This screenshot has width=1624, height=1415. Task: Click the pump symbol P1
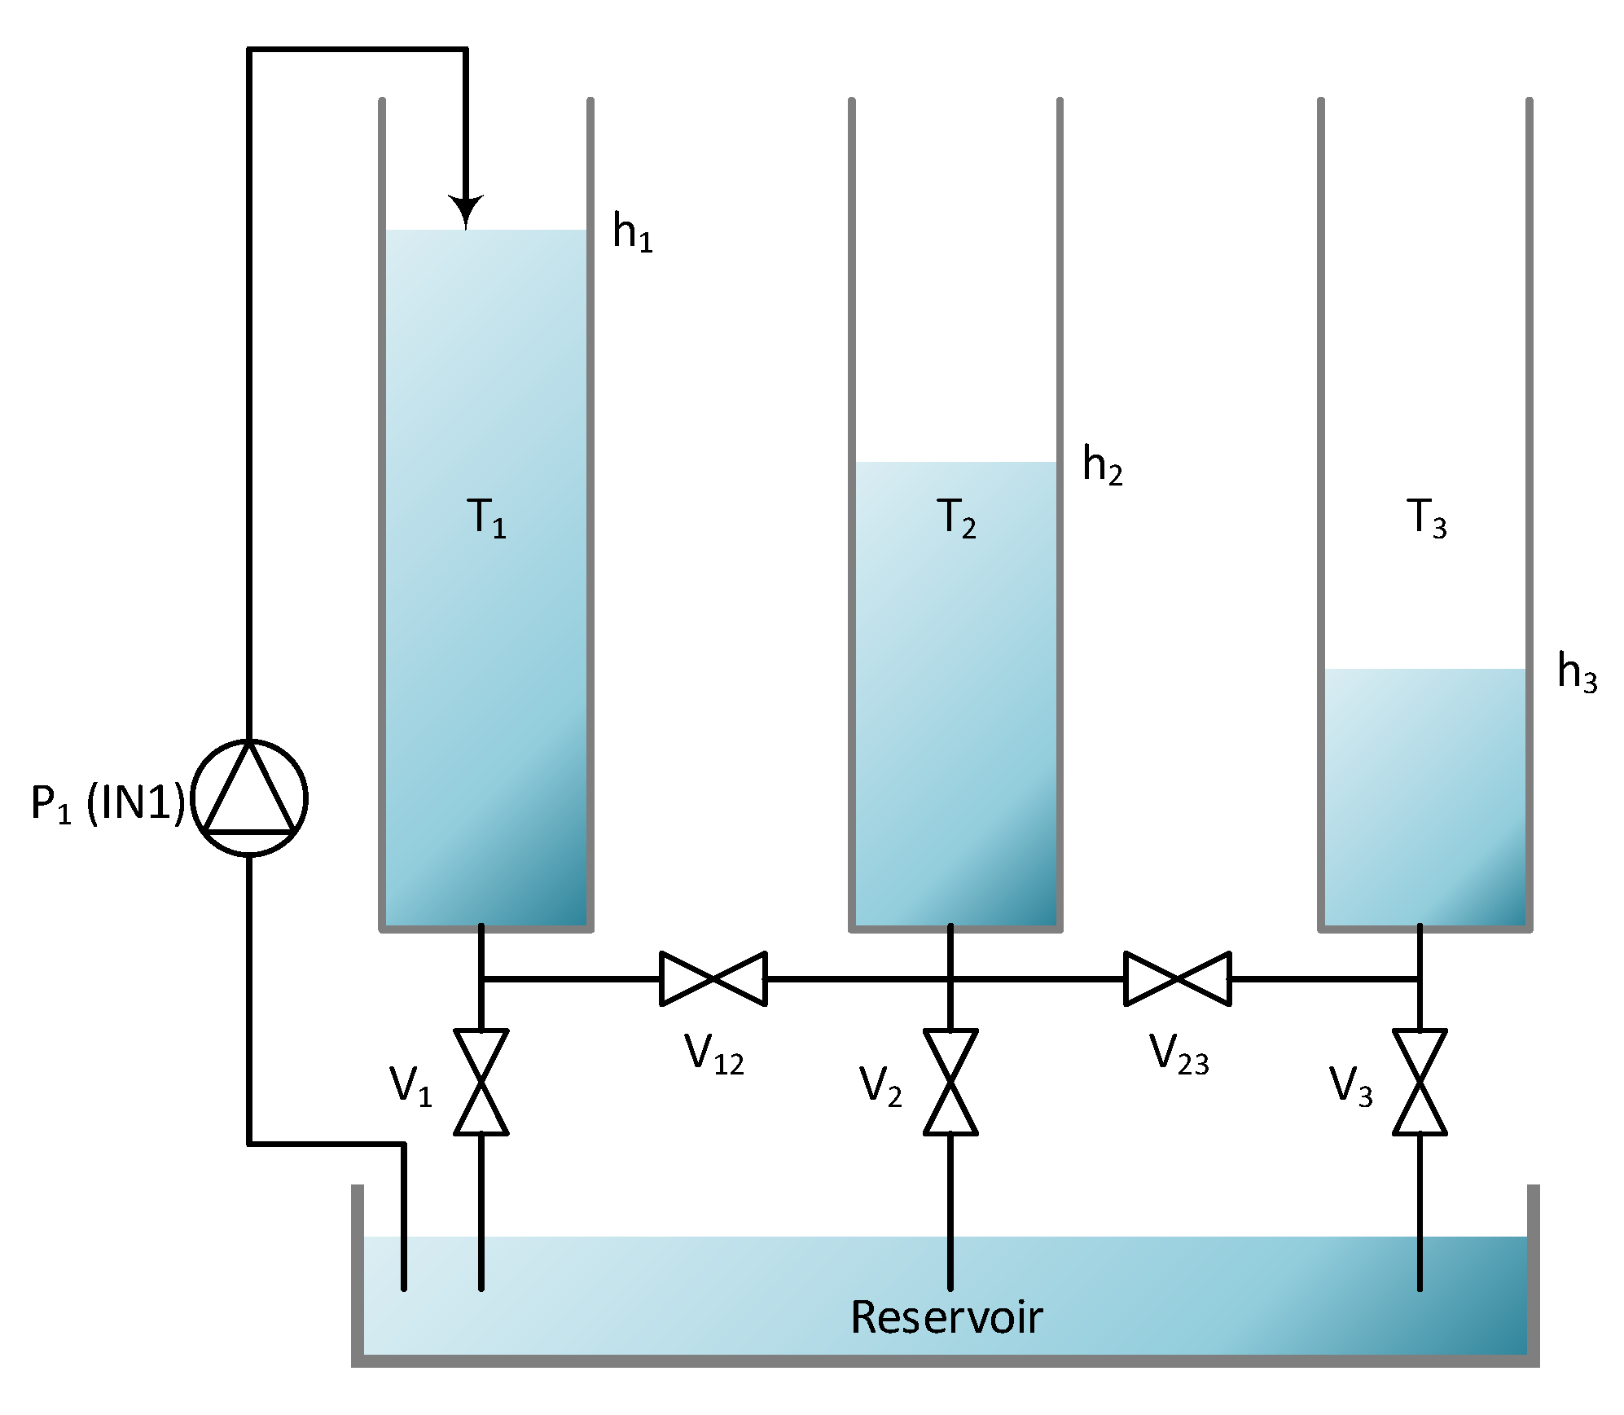tap(249, 798)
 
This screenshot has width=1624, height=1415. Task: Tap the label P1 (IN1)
tap(108, 803)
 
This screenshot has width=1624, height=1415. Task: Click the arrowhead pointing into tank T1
tap(466, 211)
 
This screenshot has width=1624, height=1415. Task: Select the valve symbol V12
tap(713, 978)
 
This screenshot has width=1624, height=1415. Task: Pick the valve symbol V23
tap(1178, 978)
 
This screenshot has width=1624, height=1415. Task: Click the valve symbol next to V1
tap(481, 1082)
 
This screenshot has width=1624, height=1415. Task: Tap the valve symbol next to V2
tap(950, 1082)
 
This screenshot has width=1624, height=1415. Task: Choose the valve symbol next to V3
tap(1420, 1082)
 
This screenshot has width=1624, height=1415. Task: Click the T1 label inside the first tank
tap(487, 518)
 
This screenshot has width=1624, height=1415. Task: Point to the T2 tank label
tap(956, 518)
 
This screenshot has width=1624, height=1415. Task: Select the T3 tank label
tap(1426, 518)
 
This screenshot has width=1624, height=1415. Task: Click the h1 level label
tap(632, 233)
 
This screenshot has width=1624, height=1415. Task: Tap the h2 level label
tap(1102, 466)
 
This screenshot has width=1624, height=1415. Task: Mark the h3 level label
tap(1577, 672)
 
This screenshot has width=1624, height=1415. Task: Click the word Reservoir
tap(946, 1317)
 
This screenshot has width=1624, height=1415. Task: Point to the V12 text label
tap(713, 1054)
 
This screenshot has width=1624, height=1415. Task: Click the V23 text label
tap(1178, 1054)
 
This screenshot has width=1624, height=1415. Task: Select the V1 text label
tap(410, 1086)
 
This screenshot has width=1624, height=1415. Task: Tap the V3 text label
tap(1350, 1086)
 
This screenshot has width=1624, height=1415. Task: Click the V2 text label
tap(880, 1086)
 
